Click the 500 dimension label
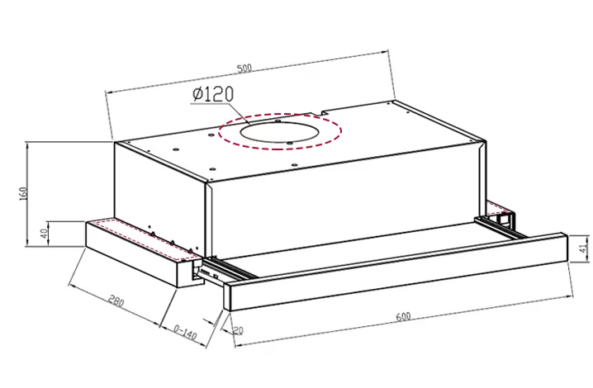pos(244,69)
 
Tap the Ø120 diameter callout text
pos(212,94)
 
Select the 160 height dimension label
pos(23,194)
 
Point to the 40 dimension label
pos(45,234)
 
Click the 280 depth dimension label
pos(116,301)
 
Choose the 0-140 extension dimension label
pos(185,332)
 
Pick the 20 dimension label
pos(238,330)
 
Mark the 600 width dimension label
pos(403,316)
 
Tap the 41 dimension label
pos(584,248)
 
